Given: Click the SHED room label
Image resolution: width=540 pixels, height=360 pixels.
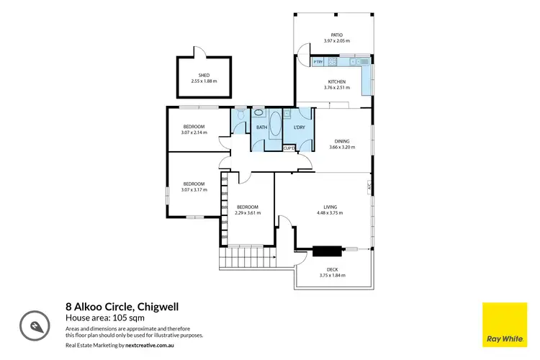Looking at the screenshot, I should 204,76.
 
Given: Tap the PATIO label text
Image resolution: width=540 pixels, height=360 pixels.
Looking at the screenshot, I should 336,35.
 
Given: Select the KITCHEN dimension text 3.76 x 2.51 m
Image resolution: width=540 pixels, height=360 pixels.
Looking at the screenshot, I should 337,88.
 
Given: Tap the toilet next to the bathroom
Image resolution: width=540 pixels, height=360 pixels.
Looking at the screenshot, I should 240,114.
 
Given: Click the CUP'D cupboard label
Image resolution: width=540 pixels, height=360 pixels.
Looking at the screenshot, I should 289,148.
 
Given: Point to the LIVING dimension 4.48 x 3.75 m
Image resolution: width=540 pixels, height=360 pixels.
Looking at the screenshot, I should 330,213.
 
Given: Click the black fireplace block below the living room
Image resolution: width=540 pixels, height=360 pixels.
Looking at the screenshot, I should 327,251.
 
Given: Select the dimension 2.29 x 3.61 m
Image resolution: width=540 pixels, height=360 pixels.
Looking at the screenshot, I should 247,213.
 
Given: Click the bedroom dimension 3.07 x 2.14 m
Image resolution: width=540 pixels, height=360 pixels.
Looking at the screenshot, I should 194,132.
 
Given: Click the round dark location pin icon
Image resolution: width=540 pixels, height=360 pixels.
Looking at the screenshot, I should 33,325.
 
